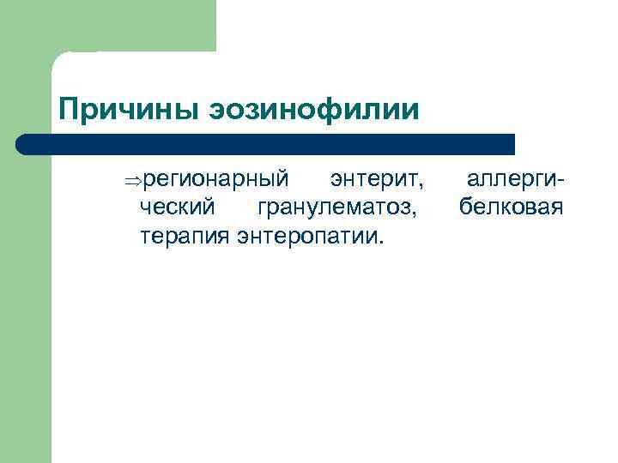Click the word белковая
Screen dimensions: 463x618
[x=511, y=207]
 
